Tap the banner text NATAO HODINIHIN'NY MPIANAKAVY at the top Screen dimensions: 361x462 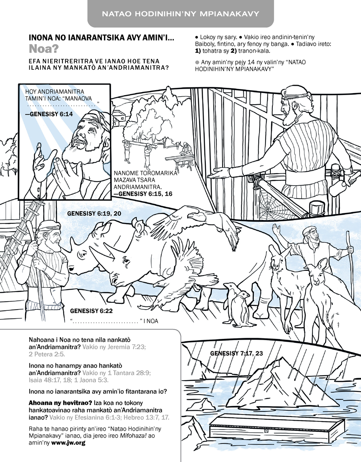pyautogui.click(x=180, y=14)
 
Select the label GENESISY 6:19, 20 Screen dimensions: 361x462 pyautogui.click(x=94, y=214)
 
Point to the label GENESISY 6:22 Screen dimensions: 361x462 pyautogui.click(x=91, y=311)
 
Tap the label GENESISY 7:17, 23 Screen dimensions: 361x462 pyautogui.click(x=237, y=353)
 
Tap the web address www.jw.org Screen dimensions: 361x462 pyautogui.click(x=68, y=443)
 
